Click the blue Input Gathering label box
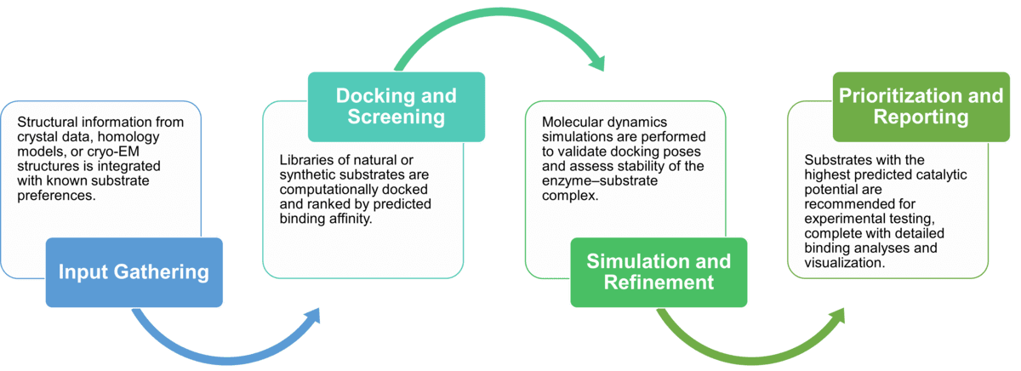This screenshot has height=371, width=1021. (134, 272)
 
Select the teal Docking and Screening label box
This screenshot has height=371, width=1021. (396, 106)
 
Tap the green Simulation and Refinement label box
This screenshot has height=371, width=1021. (659, 271)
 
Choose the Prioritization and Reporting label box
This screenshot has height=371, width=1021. (921, 106)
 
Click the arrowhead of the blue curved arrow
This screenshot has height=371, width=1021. (312, 316)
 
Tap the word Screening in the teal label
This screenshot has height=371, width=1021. (396, 117)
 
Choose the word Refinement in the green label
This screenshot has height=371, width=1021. (659, 283)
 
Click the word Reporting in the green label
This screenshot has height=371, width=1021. (921, 117)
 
